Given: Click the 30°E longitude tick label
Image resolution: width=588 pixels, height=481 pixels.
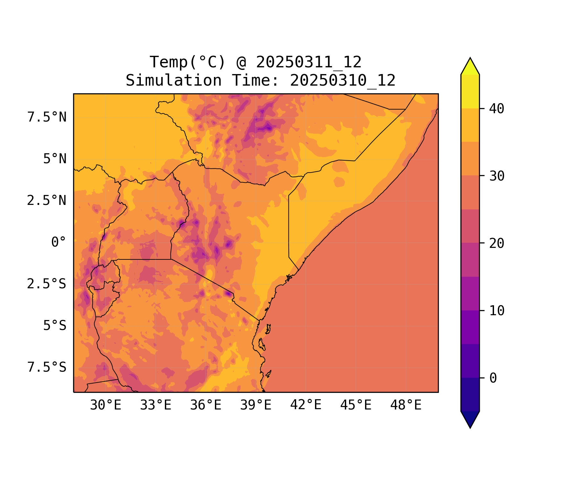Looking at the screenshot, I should [x=106, y=405].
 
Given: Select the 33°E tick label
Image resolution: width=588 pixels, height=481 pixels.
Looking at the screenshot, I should [x=156, y=405].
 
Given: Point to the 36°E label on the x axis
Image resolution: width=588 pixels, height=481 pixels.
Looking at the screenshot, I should [x=206, y=405].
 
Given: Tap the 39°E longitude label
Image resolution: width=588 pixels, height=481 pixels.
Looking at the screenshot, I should [x=256, y=405].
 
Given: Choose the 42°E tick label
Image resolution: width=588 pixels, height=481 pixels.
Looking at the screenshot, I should [x=306, y=405].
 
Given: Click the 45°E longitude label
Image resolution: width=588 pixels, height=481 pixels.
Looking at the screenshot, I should [x=356, y=405].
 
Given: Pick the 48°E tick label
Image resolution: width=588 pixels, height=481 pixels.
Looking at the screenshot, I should [x=406, y=405].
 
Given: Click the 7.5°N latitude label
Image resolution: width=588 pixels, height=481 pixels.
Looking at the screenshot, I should [x=47, y=117].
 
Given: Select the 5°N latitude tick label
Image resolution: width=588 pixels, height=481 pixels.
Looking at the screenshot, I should [x=55, y=159].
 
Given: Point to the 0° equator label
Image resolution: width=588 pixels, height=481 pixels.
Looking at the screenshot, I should [x=59, y=242].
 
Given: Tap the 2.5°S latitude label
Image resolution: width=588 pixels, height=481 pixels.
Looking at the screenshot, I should [x=47, y=284].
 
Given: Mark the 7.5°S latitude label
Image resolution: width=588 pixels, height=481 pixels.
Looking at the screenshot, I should [x=47, y=367].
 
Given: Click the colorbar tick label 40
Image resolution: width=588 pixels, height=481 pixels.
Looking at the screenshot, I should [x=497, y=109].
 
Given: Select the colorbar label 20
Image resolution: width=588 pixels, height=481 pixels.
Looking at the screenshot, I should [x=497, y=243].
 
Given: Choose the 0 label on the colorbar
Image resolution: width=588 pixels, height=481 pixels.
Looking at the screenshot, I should [x=493, y=378].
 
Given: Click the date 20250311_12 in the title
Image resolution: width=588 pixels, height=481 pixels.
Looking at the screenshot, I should [x=309, y=62].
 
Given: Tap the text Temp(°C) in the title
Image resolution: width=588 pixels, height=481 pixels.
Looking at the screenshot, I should [x=188, y=62].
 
